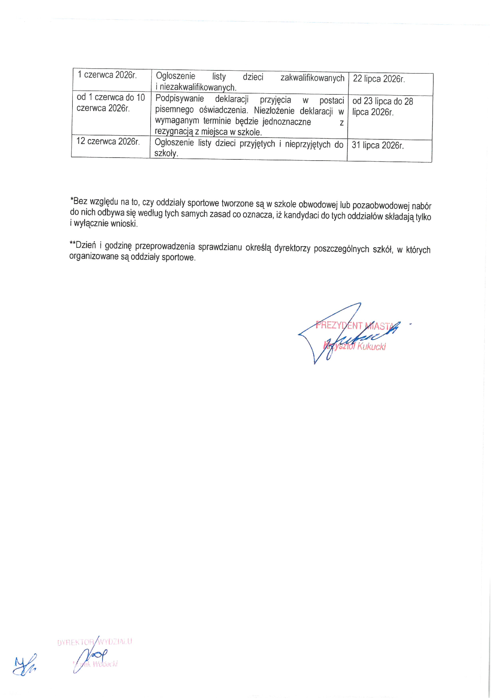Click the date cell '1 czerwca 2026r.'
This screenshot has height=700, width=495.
[x=107, y=75]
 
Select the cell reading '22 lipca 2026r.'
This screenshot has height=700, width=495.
[x=379, y=79]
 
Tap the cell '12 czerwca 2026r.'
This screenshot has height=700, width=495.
[x=108, y=141]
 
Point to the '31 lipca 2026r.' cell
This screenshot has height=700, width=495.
[x=378, y=146]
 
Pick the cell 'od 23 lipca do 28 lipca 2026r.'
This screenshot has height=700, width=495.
[x=382, y=107]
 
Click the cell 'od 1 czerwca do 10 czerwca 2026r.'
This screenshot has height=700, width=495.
[x=110, y=103]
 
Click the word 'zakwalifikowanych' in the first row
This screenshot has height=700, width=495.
[x=312, y=78]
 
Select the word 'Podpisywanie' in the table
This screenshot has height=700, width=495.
[x=180, y=99]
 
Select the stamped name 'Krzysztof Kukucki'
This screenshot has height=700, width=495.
[x=355, y=346]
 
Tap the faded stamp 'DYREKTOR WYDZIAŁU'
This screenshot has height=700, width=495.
[x=95, y=642]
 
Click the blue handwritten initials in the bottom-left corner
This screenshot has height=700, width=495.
[x=24, y=666]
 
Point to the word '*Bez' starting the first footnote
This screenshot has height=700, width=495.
[x=79, y=201]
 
